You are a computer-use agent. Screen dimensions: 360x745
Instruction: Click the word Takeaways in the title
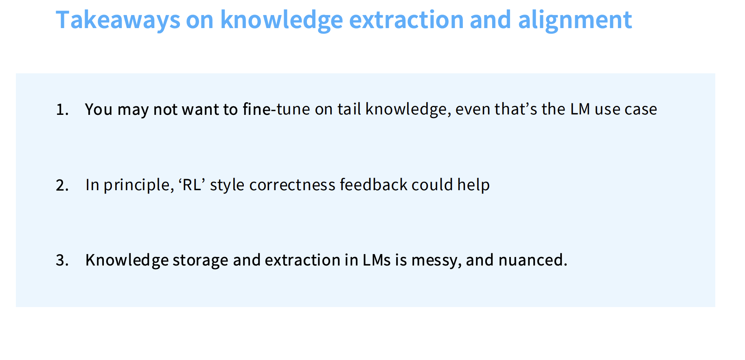(x=118, y=20)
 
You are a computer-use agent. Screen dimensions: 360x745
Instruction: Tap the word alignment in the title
(x=574, y=20)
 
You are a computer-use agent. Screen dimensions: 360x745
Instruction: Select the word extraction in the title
(x=406, y=20)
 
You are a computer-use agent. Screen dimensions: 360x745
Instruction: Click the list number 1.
(x=61, y=110)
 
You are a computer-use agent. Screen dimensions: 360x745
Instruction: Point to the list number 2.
(x=62, y=186)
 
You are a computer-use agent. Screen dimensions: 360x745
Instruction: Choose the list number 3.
(x=62, y=261)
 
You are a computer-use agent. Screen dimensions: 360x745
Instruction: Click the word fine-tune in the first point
(x=276, y=109)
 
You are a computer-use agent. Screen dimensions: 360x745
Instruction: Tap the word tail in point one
(x=349, y=109)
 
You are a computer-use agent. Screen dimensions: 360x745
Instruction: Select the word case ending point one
(x=641, y=109)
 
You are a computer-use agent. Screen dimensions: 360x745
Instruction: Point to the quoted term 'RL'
(x=191, y=185)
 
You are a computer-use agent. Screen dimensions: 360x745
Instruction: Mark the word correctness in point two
(x=292, y=185)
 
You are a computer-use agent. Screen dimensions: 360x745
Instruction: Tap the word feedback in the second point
(x=373, y=185)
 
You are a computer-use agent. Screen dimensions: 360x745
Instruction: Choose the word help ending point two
(x=473, y=185)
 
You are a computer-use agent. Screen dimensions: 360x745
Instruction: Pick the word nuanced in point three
(x=532, y=260)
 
